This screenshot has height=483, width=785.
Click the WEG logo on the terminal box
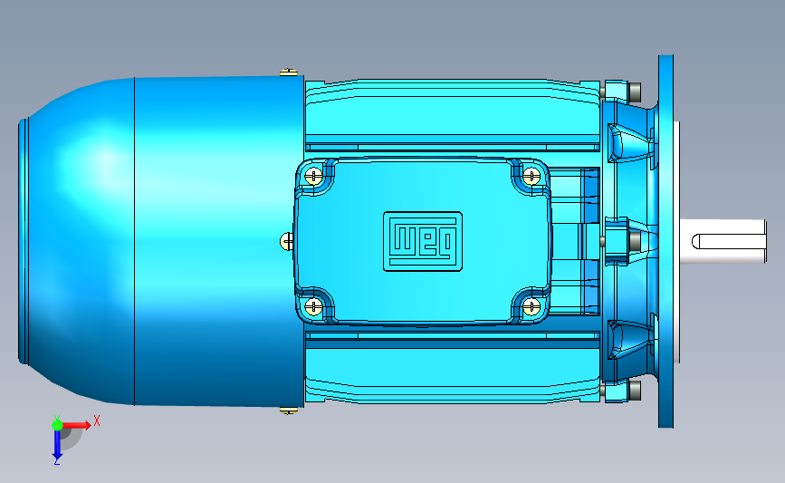tap(423, 241)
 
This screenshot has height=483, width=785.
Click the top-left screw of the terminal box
tap(313, 176)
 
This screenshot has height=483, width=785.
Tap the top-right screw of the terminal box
tap(531, 176)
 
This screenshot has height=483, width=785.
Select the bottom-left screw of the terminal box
tap(313, 306)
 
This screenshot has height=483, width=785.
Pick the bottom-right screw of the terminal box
tap(531, 306)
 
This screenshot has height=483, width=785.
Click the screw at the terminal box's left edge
tap(287, 241)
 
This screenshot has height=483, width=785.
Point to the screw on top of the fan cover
tap(288, 72)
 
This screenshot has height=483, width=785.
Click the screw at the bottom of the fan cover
tap(288, 411)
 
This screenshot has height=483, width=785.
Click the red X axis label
tap(97, 420)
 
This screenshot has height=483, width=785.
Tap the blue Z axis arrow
tap(57, 443)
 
